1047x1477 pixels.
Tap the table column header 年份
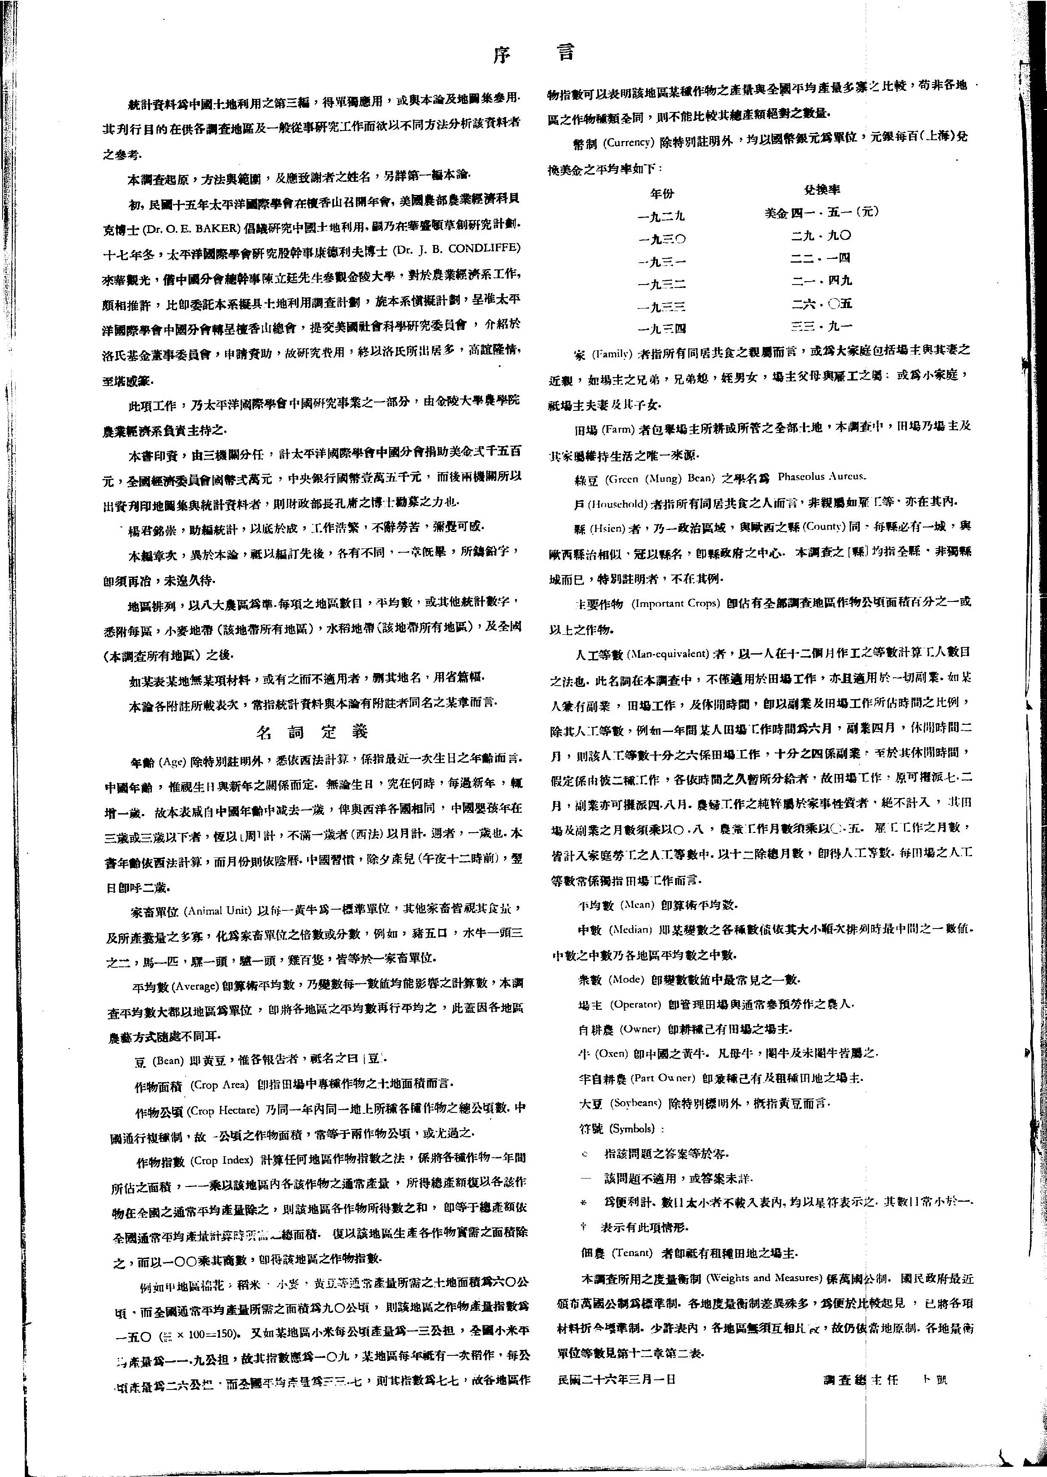click(x=661, y=193)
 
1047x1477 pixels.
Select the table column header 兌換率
click(x=822, y=190)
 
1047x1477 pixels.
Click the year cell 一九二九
click(x=661, y=216)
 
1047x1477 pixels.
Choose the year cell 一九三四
click(x=661, y=329)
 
